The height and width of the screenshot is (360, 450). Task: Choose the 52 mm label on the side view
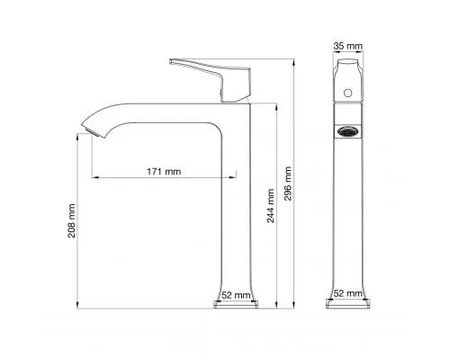[238, 294]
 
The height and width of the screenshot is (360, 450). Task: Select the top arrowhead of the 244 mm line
[277, 99]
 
